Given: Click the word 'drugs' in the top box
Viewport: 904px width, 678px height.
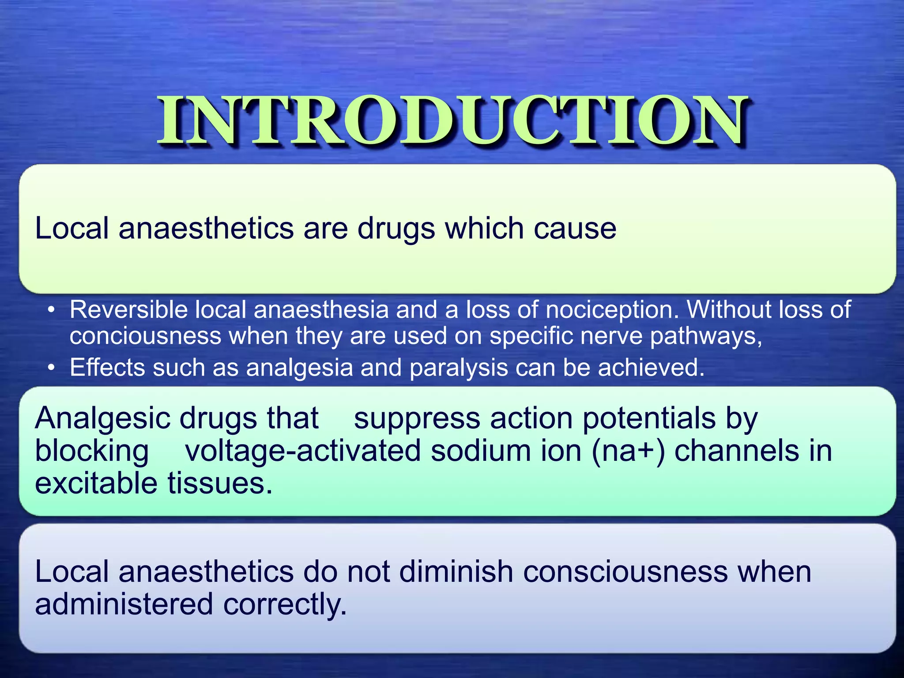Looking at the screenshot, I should coord(395,229).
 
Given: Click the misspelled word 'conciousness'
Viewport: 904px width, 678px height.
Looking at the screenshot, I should coord(145,336).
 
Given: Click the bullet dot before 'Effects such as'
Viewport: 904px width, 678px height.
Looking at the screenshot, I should coord(52,367).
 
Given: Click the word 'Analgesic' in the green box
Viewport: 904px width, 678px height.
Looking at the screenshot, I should coord(101,418).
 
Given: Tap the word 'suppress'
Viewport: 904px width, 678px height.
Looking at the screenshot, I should coord(417,418).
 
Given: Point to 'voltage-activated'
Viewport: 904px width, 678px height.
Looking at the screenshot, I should coord(303,451).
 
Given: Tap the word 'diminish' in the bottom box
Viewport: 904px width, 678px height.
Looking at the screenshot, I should coord(456,572).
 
